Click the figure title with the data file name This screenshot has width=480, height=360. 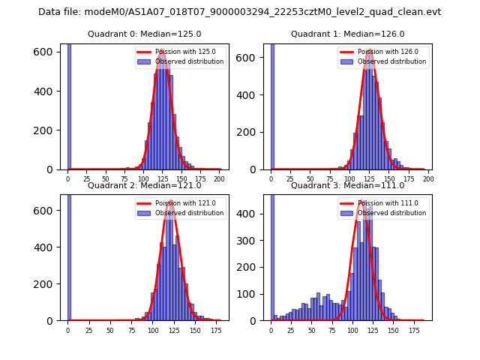[240, 12]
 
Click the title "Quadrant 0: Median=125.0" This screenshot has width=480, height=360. [145, 34]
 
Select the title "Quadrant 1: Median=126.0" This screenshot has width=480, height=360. [348, 34]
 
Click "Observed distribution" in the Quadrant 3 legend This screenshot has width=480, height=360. [398, 213]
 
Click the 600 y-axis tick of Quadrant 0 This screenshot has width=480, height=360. [46, 51]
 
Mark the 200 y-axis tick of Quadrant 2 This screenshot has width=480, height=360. [46, 283]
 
